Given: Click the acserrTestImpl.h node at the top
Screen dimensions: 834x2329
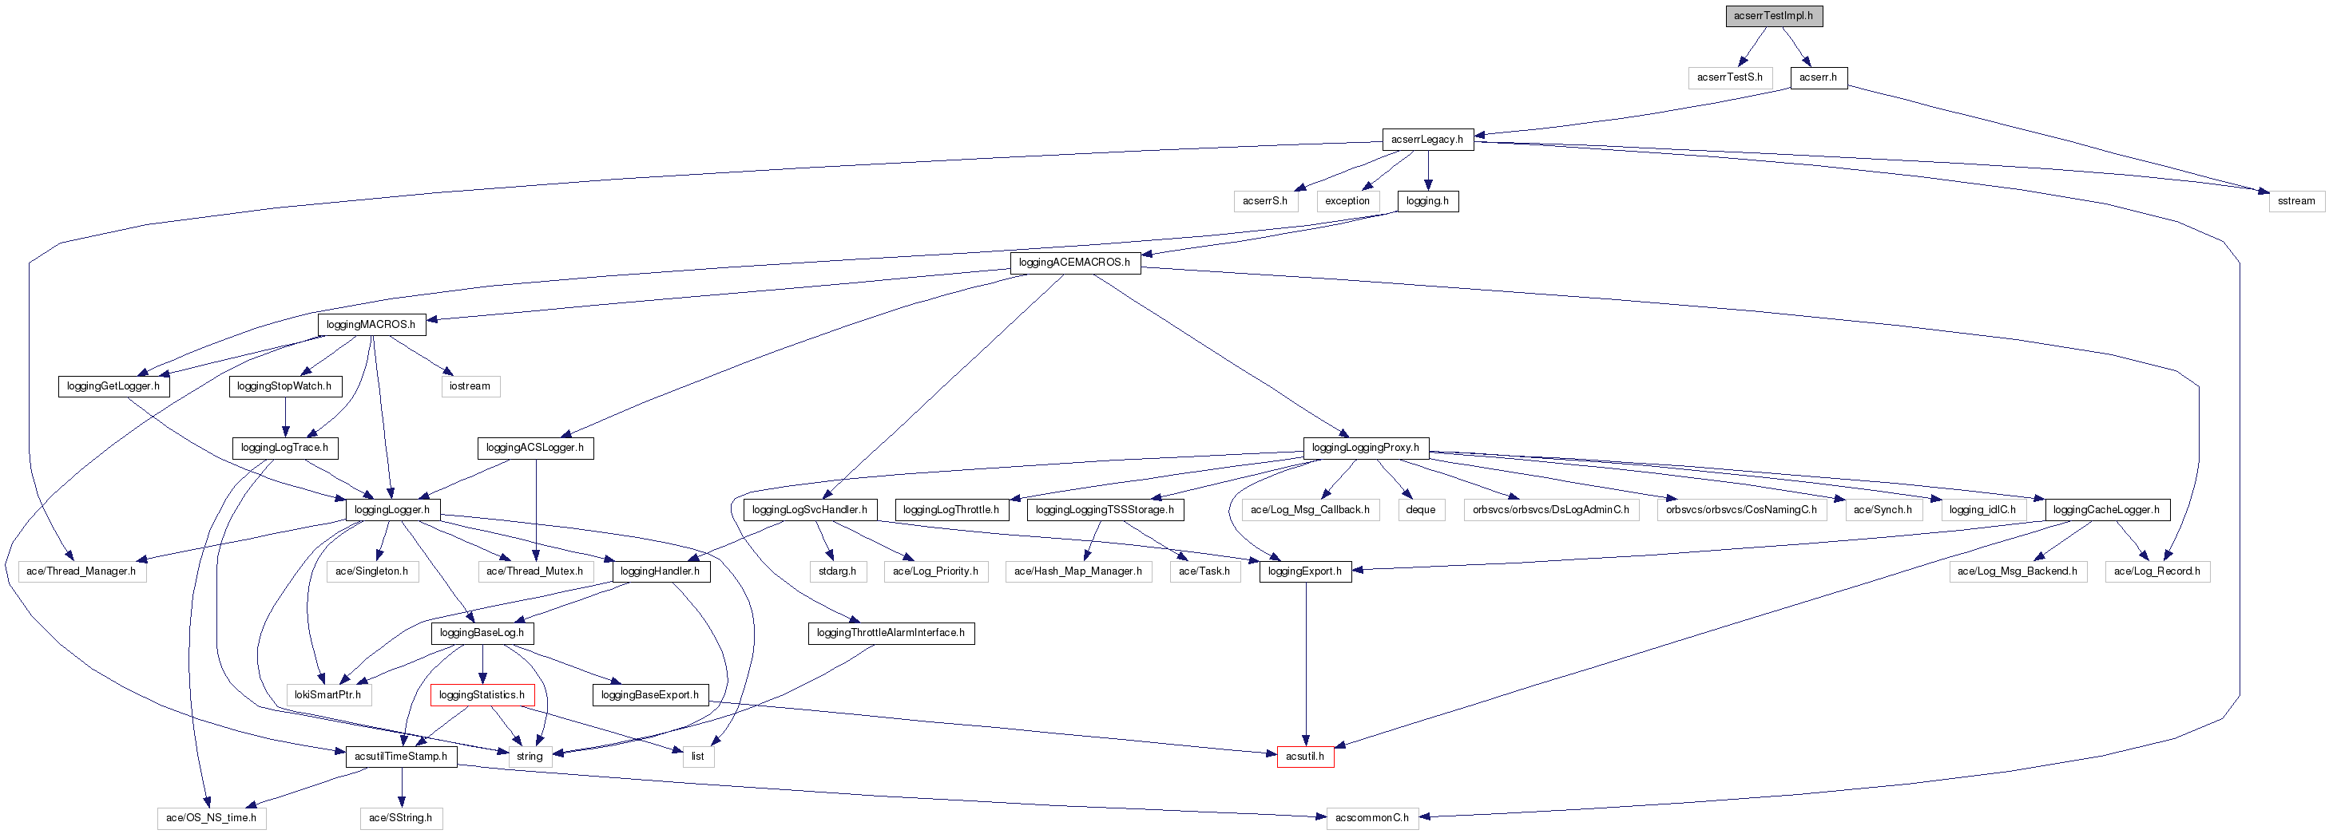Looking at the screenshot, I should (x=1773, y=15).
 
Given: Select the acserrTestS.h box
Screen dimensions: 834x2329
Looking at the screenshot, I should (x=1728, y=77).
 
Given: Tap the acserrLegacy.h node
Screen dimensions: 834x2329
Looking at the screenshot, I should (x=1426, y=139).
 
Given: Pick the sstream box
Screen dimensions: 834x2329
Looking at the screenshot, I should (x=2295, y=200).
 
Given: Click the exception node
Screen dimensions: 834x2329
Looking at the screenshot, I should (x=1347, y=200).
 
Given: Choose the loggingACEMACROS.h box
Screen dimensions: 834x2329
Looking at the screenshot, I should (x=1074, y=263).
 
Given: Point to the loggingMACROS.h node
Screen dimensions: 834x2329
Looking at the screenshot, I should (x=371, y=324).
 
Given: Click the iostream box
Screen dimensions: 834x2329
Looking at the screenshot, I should (x=470, y=385).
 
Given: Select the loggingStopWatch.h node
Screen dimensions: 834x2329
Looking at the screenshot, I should (x=284, y=385).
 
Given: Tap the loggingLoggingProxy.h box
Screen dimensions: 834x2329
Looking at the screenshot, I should (x=1364, y=447).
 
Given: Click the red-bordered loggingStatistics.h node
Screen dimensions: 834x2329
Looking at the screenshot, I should (x=481, y=695).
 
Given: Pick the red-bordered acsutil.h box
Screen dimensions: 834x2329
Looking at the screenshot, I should (x=1303, y=757).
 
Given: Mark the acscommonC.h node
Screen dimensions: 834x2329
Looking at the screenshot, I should (x=1371, y=818).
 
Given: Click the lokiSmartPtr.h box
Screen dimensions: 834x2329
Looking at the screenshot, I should (x=327, y=695).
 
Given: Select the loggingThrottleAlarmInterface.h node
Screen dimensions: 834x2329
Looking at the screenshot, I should (x=890, y=633).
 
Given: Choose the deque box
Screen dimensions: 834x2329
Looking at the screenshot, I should (x=1420, y=510).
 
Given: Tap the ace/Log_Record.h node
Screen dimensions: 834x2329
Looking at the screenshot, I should (x=2156, y=571).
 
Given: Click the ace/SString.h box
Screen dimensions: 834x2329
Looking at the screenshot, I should (x=400, y=818).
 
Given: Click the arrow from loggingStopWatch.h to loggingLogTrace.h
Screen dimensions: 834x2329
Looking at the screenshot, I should (x=286, y=417).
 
